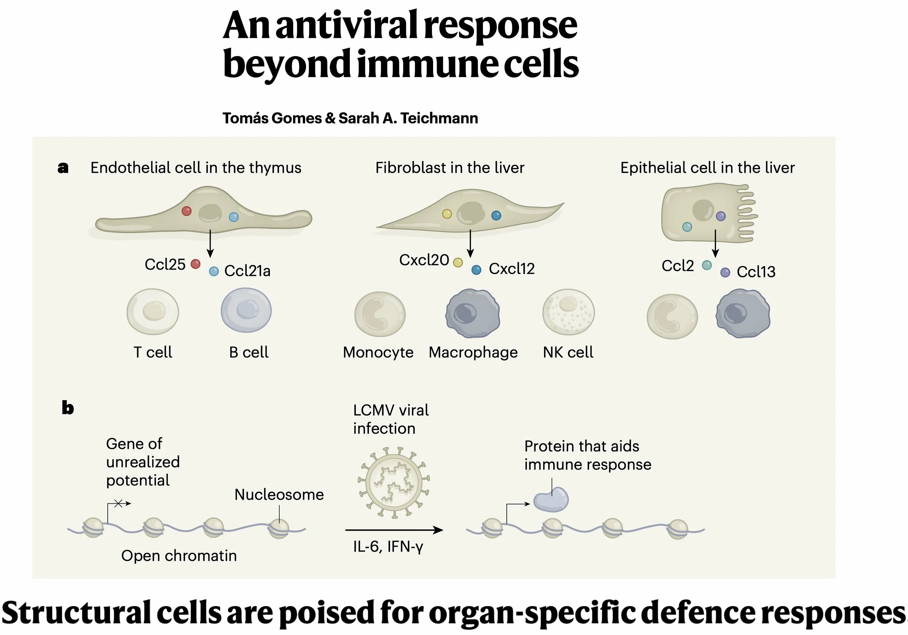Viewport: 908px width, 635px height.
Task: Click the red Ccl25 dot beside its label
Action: (x=195, y=264)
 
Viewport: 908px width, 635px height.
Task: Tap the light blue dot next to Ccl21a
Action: (x=214, y=271)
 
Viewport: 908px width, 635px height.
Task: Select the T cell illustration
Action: (x=153, y=312)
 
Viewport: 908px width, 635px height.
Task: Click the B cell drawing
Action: (x=246, y=310)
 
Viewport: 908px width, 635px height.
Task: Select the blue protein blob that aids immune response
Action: (x=551, y=500)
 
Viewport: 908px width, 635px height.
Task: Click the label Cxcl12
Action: (x=511, y=269)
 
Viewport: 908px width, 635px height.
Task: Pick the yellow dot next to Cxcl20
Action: (x=458, y=262)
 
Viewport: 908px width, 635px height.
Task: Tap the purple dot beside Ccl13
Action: (x=725, y=272)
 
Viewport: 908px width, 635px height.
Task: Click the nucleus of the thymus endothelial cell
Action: (x=210, y=213)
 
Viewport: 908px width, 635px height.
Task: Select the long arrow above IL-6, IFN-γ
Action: (x=394, y=530)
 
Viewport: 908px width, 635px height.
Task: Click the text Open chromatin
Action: (x=179, y=555)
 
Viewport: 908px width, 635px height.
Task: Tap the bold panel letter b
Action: (x=67, y=408)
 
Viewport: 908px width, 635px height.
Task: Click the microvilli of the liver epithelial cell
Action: (x=746, y=214)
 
